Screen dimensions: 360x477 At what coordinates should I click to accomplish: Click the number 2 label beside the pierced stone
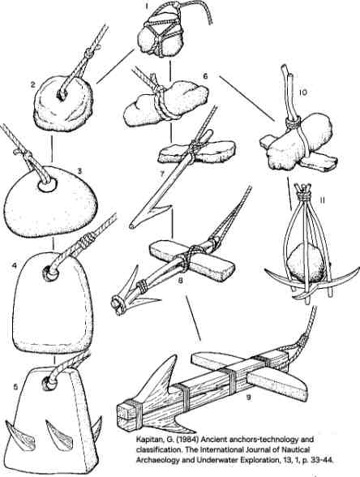click(34, 85)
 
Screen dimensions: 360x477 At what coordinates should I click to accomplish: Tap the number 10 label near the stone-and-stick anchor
click(302, 92)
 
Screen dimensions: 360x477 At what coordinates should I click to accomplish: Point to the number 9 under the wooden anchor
click(249, 397)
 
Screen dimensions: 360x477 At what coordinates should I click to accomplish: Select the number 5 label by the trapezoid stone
click(15, 387)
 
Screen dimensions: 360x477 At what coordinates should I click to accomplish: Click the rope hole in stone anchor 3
click(48, 185)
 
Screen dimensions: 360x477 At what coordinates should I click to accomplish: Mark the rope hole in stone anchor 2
click(62, 95)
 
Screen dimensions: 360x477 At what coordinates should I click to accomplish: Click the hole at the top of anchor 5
click(49, 383)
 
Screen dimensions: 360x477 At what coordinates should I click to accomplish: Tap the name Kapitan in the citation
click(148, 440)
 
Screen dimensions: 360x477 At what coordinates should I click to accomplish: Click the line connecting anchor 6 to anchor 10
click(247, 99)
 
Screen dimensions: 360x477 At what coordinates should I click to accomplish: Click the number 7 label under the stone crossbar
click(162, 174)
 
